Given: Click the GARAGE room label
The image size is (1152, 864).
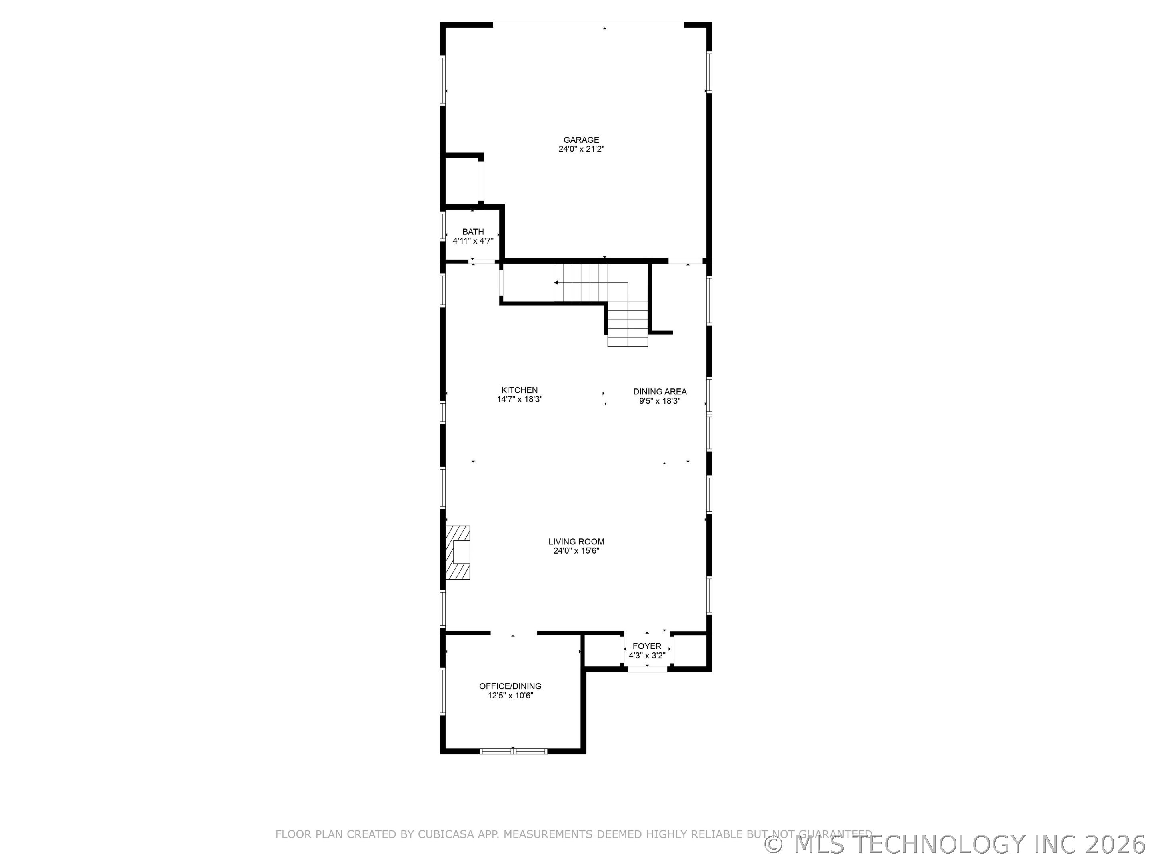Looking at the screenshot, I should pyautogui.click(x=581, y=140).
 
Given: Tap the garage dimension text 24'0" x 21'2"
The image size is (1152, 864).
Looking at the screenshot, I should pyautogui.click(x=581, y=149).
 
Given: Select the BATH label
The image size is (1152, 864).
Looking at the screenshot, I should pyautogui.click(x=473, y=232).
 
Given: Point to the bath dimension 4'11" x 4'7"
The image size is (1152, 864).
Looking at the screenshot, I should pyautogui.click(x=473, y=241).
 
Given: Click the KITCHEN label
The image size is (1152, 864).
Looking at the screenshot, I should pyautogui.click(x=519, y=390).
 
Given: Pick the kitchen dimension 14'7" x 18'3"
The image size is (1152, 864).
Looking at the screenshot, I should pyautogui.click(x=520, y=400).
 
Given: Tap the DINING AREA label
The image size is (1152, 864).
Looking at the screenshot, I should pyautogui.click(x=660, y=392).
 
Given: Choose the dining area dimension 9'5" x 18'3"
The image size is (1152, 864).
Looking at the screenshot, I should pyautogui.click(x=660, y=401).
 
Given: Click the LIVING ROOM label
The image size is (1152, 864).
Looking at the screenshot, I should pyautogui.click(x=576, y=542).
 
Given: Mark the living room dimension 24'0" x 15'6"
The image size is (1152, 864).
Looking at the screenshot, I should pyautogui.click(x=576, y=551).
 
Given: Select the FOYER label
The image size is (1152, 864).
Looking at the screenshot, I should pyautogui.click(x=647, y=646).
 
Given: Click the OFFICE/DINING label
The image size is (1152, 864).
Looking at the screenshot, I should pyautogui.click(x=510, y=686).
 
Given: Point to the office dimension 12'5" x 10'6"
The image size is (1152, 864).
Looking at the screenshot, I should pyautogui.click(x=510, y=696).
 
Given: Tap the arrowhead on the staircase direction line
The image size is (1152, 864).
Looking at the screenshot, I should pyautogui.click(x=556, y=283).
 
